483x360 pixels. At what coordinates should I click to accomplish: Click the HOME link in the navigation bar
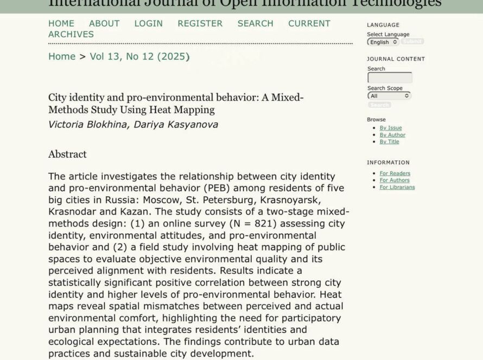coord(61,23)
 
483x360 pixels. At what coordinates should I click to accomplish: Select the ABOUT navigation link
coord(104,23)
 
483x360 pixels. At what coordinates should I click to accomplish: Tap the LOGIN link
coord(148,23)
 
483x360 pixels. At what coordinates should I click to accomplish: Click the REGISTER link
coord(200,23)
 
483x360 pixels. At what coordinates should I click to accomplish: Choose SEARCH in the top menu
coord(255,23)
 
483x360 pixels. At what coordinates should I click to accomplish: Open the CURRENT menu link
coord(309,23)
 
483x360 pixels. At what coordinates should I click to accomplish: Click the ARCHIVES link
coord(71,34)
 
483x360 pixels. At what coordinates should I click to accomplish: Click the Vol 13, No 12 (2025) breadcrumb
coord(139,56)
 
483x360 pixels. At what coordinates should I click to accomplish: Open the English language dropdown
coord(383,42)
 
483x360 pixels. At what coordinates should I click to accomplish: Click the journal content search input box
coord(390,78)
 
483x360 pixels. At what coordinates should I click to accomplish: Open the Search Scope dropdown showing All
coord(389,96)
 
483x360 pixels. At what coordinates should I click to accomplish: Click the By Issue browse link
coord(391,128)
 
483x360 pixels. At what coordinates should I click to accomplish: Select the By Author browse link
coord(392,135)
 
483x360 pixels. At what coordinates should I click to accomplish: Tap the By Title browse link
coord(389,142)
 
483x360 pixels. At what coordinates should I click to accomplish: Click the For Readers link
coord(395,173)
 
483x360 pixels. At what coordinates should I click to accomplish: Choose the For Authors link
coord(395,180)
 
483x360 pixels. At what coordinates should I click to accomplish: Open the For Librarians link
coord(397,187)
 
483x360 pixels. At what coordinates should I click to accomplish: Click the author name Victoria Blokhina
coord(83,124)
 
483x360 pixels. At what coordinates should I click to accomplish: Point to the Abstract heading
coord(67,154)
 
